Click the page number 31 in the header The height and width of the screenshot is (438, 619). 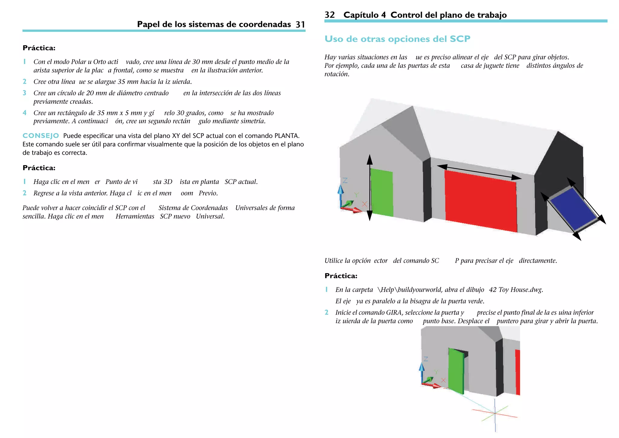(300, 25)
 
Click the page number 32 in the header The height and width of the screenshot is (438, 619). (329, 15)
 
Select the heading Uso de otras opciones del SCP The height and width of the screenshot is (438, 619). (397, 39)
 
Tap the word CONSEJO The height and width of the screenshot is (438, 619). (41, 136)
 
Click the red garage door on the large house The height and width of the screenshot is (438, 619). (481, 201)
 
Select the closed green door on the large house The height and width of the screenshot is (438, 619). (382, 193)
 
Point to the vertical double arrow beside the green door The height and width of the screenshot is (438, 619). (370, 188)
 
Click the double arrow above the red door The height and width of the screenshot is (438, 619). (479, 172)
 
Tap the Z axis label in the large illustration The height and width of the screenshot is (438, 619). (345, 181)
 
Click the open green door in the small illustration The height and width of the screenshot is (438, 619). (456, 371)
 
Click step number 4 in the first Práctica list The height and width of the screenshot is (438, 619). (24, 113)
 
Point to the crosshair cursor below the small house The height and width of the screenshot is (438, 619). (495, 413)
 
